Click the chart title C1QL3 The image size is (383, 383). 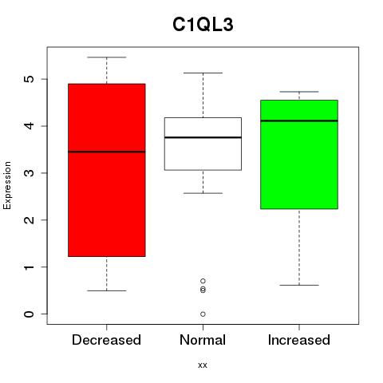(x=203, y=25)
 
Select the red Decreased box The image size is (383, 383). (x=107, y=170)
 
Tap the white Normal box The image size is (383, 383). (x=203, y=144)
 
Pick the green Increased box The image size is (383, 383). (x=299, y=155)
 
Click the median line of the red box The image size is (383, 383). (x=107, y=152)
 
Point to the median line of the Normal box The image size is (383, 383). (x=203, y=137)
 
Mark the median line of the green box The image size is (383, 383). (x=299, y=120)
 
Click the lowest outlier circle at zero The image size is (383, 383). (x=203, y=314)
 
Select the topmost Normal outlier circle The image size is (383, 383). (x=203, y=281)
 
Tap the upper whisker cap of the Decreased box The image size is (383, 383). (x=107, y=57)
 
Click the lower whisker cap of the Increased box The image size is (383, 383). (x=299, y=285)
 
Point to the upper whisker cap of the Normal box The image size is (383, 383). (x=203, y=73)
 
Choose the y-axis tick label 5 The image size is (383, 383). (x=30, y=79)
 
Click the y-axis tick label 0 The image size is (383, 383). (x=30, y=314)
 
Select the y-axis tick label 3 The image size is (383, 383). (x=30, y=173)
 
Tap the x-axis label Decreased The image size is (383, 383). (x=106, y=340)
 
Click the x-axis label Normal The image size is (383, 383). (x=203, y=340)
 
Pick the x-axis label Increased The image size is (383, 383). (x=299, y=340)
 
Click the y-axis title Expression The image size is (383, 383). (x=7, y=185)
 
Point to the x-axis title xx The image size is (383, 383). (x=203, y=365)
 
